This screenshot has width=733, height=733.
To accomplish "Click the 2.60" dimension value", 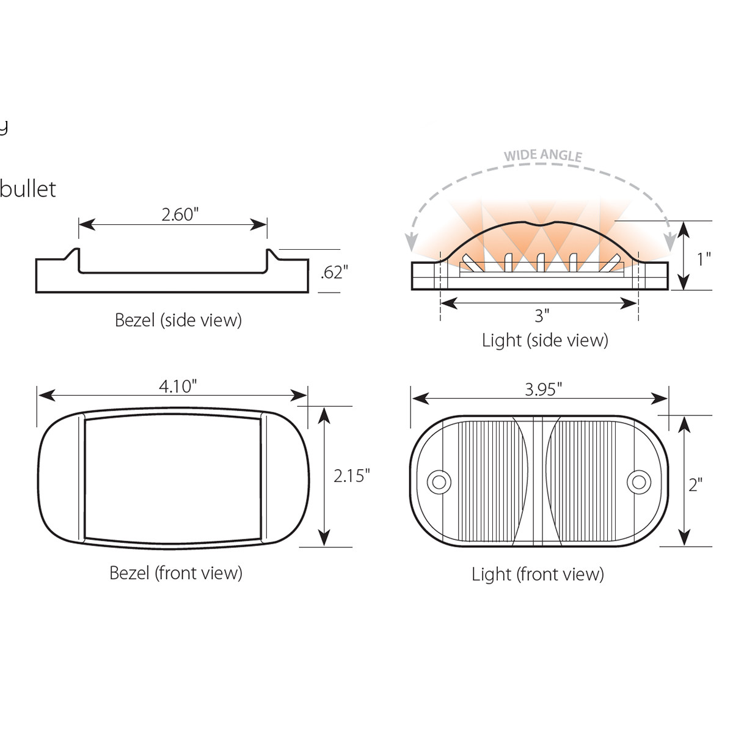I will click(180, 214).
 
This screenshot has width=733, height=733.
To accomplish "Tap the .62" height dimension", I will click(334, 272).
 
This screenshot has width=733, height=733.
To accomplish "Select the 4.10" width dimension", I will click(178, 386).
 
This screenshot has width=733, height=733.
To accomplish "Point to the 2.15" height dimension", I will click(351, 475).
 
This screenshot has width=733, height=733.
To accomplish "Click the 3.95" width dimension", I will click(543, 389).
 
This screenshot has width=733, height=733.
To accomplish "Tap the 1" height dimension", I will click(704, 258).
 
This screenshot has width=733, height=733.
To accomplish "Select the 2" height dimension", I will click(695, 484).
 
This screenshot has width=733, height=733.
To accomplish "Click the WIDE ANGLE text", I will click(542, 155).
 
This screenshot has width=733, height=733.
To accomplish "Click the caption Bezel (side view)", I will click(178, 319).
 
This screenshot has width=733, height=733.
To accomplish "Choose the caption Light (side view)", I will click(545, 340).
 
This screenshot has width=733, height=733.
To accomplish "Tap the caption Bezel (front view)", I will click(176, 572).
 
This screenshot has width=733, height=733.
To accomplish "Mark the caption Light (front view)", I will click(538, 574).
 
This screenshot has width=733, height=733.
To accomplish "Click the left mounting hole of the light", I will click(438, 482).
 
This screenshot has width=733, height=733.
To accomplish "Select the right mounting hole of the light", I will click(638, 482).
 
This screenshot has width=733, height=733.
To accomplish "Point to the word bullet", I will click(28, 189).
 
